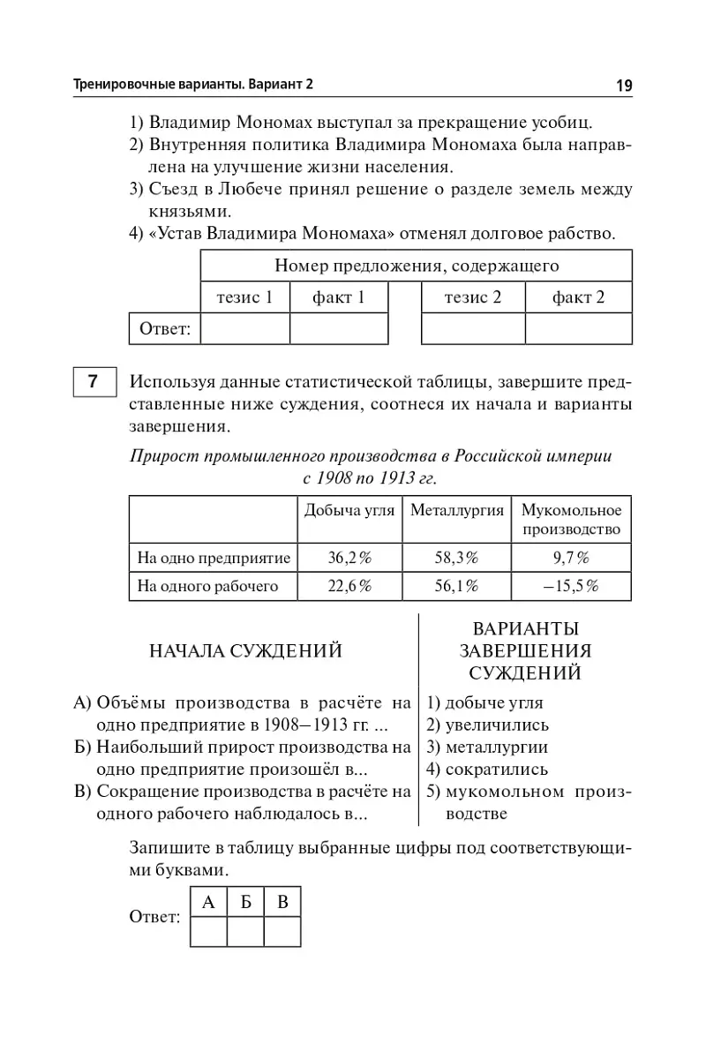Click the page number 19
tap(624, 86)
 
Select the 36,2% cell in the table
tap(349, 558)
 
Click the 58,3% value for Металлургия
tap(456, 558)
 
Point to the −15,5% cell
tap(571, 586)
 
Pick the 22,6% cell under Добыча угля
tap(349, 586)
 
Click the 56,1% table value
tap(456, 586)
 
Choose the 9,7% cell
tap(571, 558)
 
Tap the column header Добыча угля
tap(349, 510)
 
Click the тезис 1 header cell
tap(244, 297)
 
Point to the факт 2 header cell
tap(578, 297)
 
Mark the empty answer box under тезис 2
tap(473, 328)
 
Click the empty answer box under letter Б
tap(246, 931)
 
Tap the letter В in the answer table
tap(283, 902)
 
